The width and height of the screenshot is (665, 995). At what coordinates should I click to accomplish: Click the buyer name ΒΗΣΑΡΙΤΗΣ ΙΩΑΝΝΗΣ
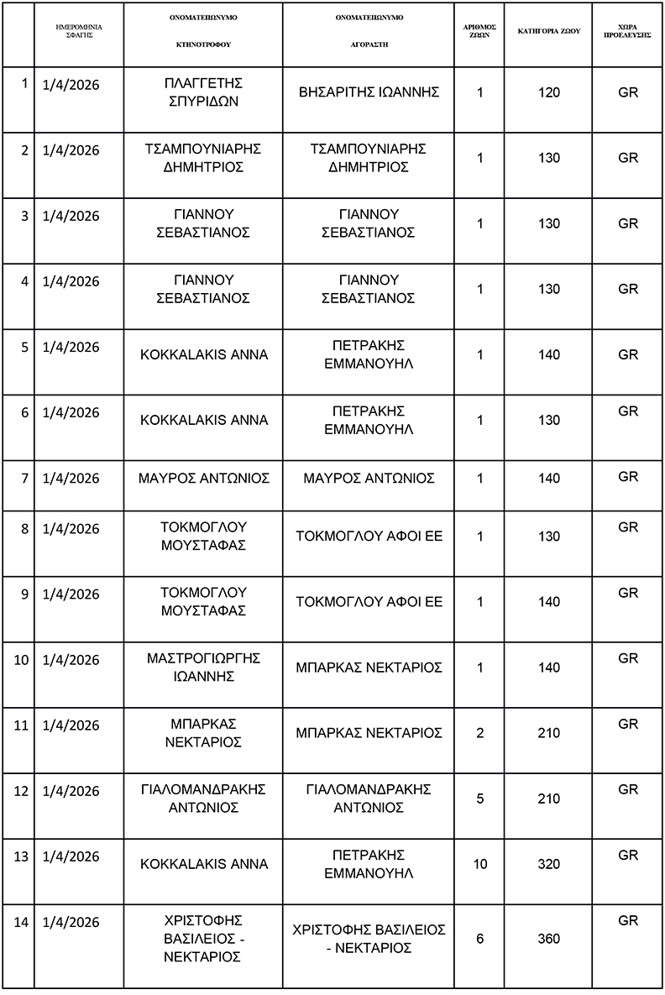click(x=369, y=92)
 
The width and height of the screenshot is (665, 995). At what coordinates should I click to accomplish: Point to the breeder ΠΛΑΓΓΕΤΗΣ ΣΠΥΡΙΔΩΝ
click(x=202, y=92)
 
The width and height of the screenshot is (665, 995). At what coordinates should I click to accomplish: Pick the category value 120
click(x=548, y=92)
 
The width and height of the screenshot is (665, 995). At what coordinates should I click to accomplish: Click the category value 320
click(x=548, y=864)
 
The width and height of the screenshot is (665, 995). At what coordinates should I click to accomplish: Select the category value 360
click(x=548, y=939)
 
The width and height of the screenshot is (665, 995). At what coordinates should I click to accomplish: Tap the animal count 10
click(x=480, y=864)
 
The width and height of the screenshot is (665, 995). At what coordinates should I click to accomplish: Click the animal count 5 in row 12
click(x=480, y=799)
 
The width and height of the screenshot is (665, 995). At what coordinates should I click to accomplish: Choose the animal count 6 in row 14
click(x=480, y=939)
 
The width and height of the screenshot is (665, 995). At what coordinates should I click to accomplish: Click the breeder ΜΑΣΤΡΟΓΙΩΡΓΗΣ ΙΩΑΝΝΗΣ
click(x=202, y=668)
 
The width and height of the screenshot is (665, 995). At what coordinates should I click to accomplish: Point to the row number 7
click(x=24, y=478)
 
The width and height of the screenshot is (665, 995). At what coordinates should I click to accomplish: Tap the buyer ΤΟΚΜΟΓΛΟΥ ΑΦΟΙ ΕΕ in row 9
click(x=369, y=602)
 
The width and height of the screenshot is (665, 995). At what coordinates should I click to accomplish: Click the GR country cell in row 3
click(x=628, y=223)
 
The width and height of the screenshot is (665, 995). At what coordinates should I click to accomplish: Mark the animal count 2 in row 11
click(x=480, y=733)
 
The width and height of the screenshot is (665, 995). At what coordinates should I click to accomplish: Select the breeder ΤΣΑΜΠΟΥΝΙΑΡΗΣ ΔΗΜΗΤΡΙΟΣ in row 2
click(x=202, y=158)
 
